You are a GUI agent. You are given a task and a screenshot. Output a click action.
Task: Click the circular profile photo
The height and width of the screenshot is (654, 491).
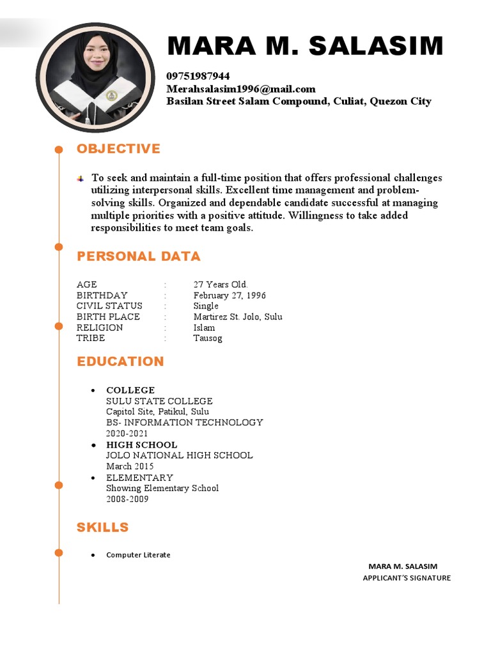[95, 77]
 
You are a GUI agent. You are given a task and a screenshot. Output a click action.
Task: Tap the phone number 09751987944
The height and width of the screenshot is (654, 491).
[198, 76]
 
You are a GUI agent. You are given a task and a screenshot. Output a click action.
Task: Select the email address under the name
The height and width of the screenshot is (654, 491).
[241, 89]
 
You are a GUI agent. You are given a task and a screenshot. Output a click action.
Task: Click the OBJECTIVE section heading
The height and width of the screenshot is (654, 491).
[118, 149]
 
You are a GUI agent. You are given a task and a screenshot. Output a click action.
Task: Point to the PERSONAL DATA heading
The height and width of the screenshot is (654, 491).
[138, 256]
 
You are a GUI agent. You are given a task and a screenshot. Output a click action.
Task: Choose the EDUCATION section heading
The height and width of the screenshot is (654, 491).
[120, 361]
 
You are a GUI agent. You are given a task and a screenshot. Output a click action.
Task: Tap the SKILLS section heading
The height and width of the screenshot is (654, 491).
[102, 527]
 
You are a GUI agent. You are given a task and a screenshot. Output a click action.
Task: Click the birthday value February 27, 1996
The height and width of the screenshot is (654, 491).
[230, 295]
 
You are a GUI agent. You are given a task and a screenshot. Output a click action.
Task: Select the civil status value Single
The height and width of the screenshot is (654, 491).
[206, 306]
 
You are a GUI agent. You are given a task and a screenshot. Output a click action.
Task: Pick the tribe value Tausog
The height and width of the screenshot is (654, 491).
[208, 338]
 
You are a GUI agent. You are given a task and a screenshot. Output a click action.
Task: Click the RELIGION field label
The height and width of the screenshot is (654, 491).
[100, 328]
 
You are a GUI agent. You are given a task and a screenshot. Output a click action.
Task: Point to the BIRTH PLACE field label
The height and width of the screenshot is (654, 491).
[108, 317]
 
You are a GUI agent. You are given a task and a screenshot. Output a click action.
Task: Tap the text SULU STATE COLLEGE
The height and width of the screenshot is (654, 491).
[159, 401]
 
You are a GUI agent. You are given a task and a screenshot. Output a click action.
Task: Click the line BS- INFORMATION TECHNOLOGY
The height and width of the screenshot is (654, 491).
[184, 422]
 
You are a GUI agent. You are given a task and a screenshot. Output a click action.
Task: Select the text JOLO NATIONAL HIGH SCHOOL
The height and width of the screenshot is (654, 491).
[179, 455]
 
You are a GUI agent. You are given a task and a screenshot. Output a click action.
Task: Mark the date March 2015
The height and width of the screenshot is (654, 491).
[130, 466]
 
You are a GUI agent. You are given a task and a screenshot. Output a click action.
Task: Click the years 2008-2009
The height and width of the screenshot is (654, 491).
[127, 499]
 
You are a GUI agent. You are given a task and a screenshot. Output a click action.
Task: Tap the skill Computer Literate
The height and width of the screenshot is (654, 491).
[138, 555]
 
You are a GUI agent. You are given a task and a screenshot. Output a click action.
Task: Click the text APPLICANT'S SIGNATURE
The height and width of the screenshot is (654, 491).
[407, 578]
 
